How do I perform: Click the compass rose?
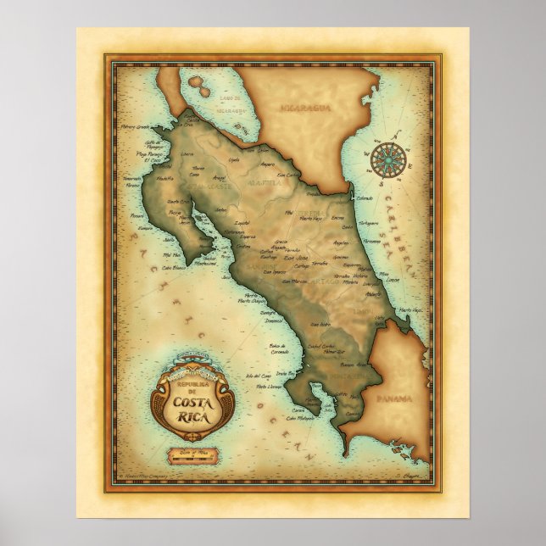(x=387, y=155)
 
